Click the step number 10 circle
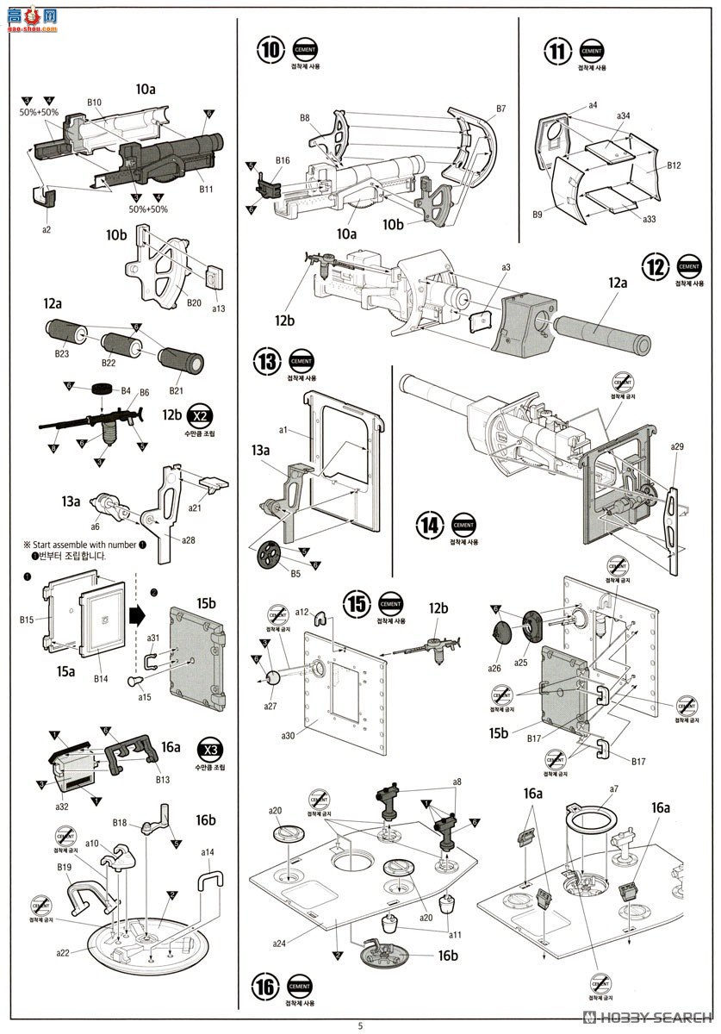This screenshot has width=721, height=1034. pos(270,51)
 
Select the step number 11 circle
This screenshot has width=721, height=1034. pos(557,51)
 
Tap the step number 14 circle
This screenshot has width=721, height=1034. pos(430,525)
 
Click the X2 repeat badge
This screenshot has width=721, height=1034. pos(200,415)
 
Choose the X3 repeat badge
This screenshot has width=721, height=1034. pos(208,747)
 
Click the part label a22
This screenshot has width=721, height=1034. pos(63,953)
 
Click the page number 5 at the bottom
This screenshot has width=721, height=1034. pos(361,1025)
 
